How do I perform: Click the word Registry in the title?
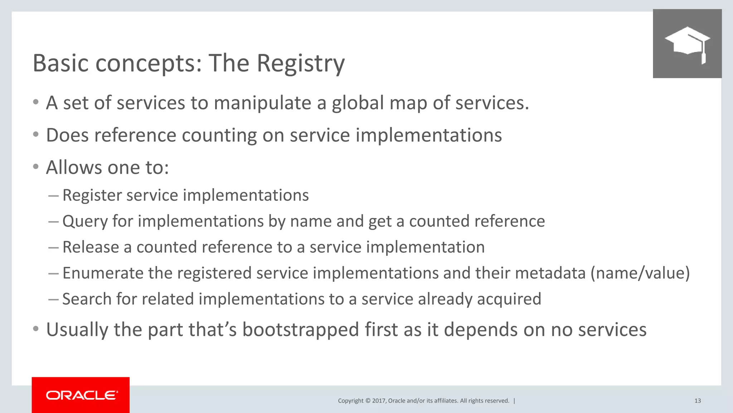click(x=301, y=64)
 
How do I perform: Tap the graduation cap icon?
click(x=687, y=44)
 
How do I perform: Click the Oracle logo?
click(x=81, y=395)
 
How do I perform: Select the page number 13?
click(x=697, y=401)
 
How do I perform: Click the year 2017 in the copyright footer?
click(x=379, y=401)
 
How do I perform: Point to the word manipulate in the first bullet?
click(x=262, y=103)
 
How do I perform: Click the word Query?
click(x=85, y=221)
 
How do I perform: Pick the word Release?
click(x=91, y=247)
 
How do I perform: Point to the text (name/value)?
click(x=640, y=273)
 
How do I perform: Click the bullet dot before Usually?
click(x=35, y=329)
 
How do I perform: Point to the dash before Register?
click(x=53, y=196)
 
